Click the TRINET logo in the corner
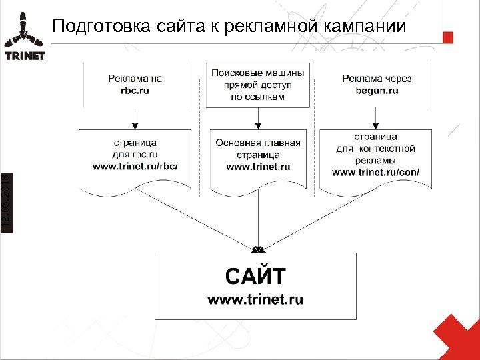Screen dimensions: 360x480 click(x=25, y=37)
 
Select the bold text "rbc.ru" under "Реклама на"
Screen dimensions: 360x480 click(x=135, y=90)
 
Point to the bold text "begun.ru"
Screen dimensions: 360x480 click(x=377, y=90)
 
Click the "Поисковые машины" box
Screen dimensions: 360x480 click(x=258, y=84)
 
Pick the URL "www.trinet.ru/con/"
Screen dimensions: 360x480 click(x=376, y=172)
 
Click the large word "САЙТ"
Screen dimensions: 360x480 click(x=256, y=275)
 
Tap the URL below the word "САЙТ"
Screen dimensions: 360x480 click(x=255, y=300)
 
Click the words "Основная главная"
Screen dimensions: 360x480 click(x=258, y=143)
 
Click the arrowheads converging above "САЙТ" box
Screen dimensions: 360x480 click(x=258, y=249)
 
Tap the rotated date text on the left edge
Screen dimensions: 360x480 click(x=6, y=200)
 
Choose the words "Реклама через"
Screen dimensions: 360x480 click(x=377, y=79)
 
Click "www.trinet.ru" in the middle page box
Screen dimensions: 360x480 click(x=258, y=167)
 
